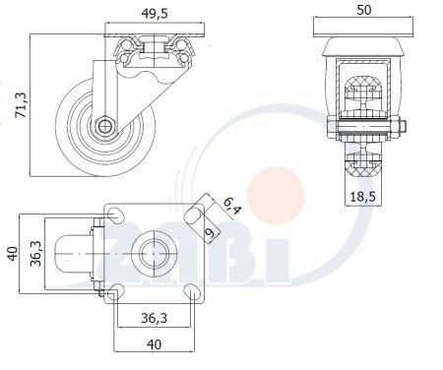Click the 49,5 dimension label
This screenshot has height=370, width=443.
pos(155,14)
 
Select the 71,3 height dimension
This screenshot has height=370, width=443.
pos(22,104)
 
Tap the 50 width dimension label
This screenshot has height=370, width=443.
pos(364,10)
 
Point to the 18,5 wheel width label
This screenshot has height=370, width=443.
pos(362,197)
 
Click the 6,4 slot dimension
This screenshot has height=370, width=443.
pos(232,206)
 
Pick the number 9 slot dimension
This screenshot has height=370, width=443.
pos(210,232)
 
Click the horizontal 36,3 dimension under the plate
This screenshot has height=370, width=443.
pos(154,318)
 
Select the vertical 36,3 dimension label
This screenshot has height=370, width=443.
pos(35,253)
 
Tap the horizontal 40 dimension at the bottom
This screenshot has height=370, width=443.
pos(154,344)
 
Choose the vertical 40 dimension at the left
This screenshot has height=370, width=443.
pos(13,254)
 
